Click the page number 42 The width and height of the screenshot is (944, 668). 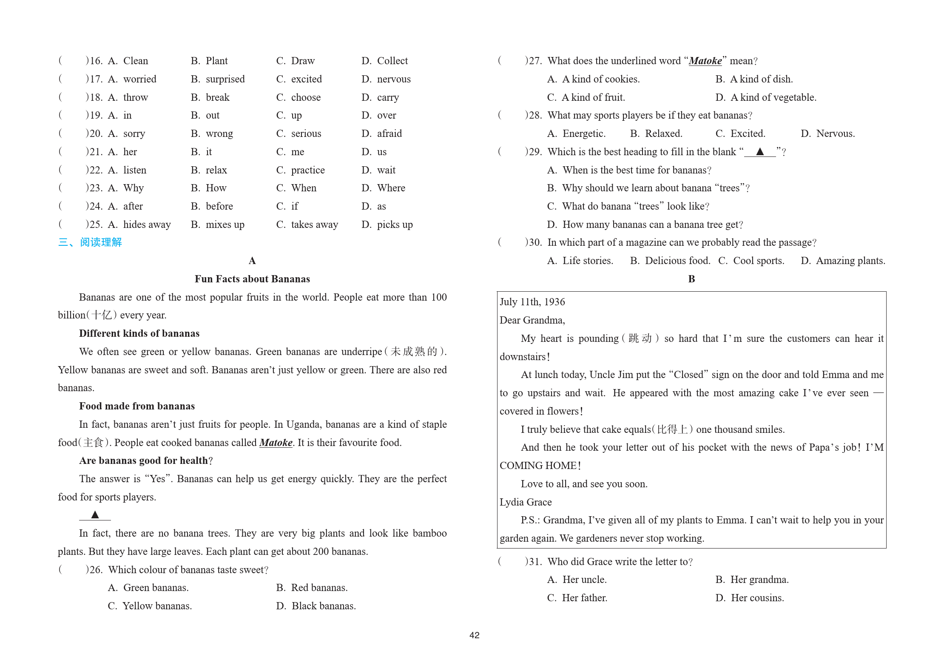pyautogui.click(x=474, y=635)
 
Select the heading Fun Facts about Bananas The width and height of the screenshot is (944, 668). pyautogui.click(x=252, y=279)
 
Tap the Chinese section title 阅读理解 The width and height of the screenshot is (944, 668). pyautogui.click(x=101, y=242)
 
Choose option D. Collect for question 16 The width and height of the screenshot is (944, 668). pyautogui.click(x=384, y=61)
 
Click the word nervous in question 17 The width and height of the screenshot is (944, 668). pyautogui.click(x=394, y=79)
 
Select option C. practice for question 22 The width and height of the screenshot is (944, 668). pyautogui.click(x=300, y=170)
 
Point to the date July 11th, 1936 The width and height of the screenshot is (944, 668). pyautogui.click(x=532, y=302)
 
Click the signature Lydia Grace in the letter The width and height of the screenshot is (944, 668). pyautogui.click(x=526, y=502)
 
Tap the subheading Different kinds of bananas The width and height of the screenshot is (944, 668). pyautogui.click(x=139, y=333)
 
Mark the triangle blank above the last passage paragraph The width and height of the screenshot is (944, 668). pyautogui.click(x=95, y=515)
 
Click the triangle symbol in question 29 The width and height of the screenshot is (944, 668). pyautogui.click(x=760, y=151)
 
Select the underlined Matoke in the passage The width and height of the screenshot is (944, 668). pyautogui.click(x=276, y=443)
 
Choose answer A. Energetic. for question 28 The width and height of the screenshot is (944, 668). pyautogui.click(x=576, y=134)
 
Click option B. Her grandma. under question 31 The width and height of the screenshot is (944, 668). pyautogui.click(x=752, y=580)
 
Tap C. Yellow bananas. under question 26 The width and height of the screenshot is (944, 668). pyautogui.click(x=150, y=606)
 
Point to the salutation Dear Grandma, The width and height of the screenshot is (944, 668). pyautogui.click(x=532, y=320)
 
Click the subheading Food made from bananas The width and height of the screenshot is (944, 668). pyautogui.click(x=136, y=406)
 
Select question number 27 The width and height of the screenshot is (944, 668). pyautogui.click(x=534, y=61)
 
